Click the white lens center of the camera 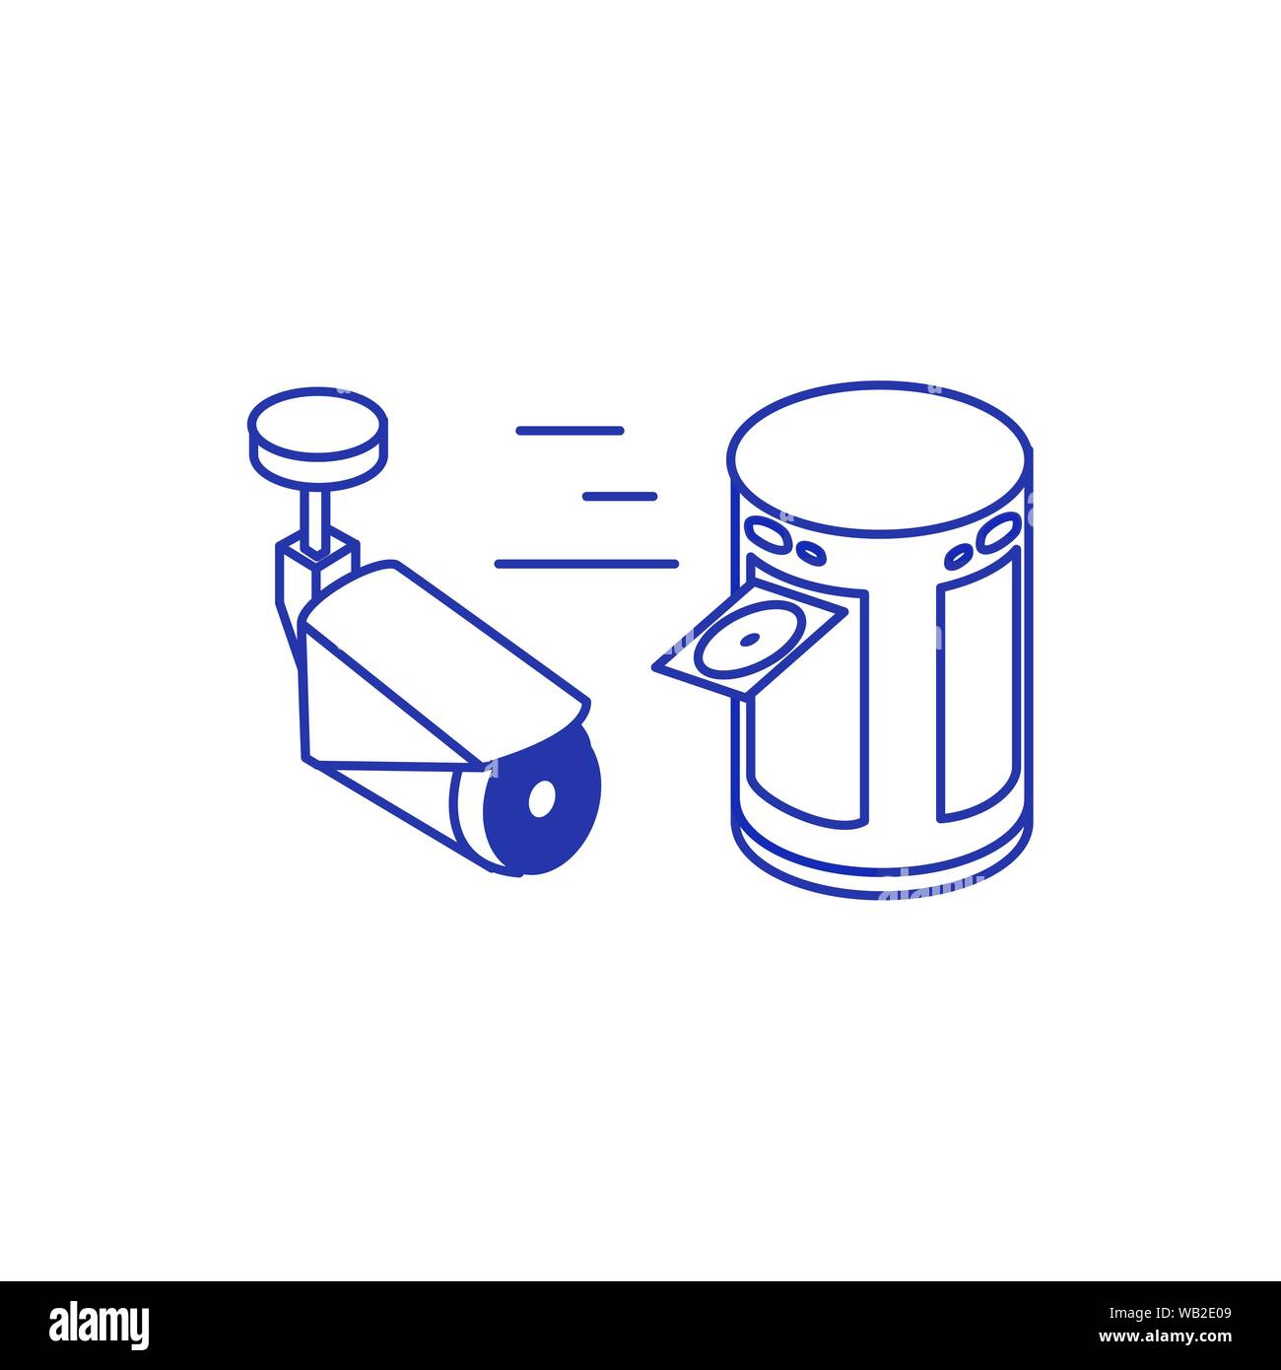click(541, 798)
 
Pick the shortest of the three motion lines click(619, 496)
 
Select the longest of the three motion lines click(586, 564)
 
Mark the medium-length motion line click(570, 431)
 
